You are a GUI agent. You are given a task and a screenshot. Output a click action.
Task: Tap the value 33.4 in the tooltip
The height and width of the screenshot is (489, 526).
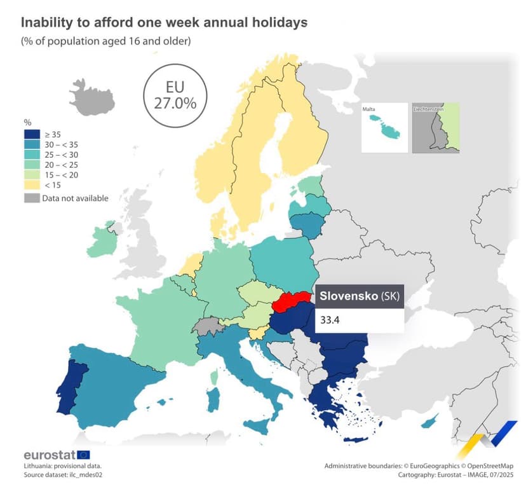click(x=330, y=320)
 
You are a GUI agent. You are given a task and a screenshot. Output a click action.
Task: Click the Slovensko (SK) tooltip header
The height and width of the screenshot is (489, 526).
click(x=360, y=296)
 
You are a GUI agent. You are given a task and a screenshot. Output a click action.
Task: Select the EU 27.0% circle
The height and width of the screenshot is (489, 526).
click(x=175, y=96)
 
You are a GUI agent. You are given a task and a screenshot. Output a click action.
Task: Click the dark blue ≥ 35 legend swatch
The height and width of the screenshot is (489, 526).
click(x=32, y=134)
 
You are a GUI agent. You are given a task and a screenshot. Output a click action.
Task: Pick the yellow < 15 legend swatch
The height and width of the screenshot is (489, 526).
click(x=32, y=184)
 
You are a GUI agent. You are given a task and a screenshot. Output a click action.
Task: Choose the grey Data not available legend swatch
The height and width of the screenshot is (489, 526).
click(x=32, y=198)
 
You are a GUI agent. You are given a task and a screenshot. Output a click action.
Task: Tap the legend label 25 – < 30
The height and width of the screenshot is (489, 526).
click(x=62, y=155)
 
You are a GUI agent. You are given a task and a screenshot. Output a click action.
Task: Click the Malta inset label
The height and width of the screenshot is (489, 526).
click(x=368, y=109)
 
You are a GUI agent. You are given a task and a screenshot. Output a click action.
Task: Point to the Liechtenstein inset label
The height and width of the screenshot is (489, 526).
click(x=428, y=109)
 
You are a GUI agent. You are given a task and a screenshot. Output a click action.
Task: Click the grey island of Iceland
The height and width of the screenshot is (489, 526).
click(x=92, y=98)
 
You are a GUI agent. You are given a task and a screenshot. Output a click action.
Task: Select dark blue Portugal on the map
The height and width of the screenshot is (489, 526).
click(x=71, y=386)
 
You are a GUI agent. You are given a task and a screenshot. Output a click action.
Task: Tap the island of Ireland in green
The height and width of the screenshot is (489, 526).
click(x=102, y=241)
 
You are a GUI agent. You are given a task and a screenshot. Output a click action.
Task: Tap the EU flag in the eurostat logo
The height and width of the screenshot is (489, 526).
click(x=83, y=455)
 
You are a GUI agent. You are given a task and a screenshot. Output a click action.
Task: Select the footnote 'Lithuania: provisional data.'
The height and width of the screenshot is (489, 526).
click(x=63, y=466)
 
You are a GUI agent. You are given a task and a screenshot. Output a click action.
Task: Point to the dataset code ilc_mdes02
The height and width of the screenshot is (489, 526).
click(x=86, y=475)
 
